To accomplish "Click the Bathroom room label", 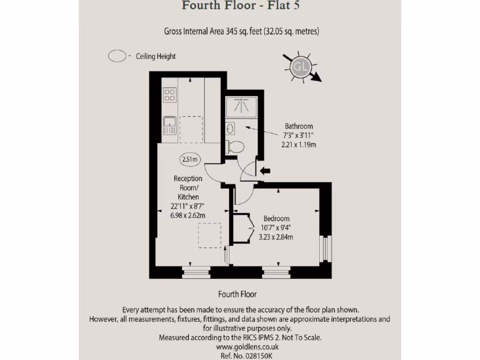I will (298, 126).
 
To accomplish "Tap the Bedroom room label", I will (276, 218).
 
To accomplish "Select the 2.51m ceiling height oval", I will (190, 159).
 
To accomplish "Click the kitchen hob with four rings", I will (169, 96).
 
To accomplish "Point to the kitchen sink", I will (169, 125).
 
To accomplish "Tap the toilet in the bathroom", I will (235, 147).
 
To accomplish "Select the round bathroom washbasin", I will (230, 128).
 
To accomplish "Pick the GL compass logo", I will (300, 68).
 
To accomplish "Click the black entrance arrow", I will (265, 171).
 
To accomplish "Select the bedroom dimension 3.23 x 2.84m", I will (276, 237).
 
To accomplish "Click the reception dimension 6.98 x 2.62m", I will (188, 215).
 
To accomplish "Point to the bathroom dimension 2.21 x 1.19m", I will (298, 145).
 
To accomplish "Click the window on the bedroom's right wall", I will (324, 248).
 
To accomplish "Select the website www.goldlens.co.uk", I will (247, 347).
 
